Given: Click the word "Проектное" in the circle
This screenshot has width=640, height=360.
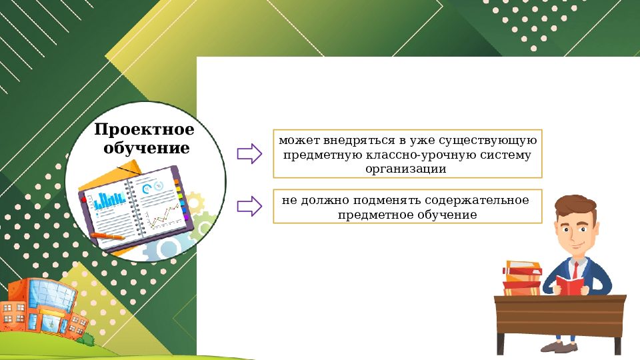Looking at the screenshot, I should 144,129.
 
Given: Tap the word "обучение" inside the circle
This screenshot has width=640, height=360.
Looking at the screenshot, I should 146,147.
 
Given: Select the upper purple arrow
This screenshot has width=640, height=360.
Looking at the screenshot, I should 249,154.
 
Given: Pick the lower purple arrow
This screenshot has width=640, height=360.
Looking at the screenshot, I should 249,206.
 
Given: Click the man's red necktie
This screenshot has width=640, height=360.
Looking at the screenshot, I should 575,270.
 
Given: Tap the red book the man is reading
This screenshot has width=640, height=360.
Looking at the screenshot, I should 570,285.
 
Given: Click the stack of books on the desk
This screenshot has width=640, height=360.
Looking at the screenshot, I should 521,278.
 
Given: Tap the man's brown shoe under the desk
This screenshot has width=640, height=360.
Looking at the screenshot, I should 557,346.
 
